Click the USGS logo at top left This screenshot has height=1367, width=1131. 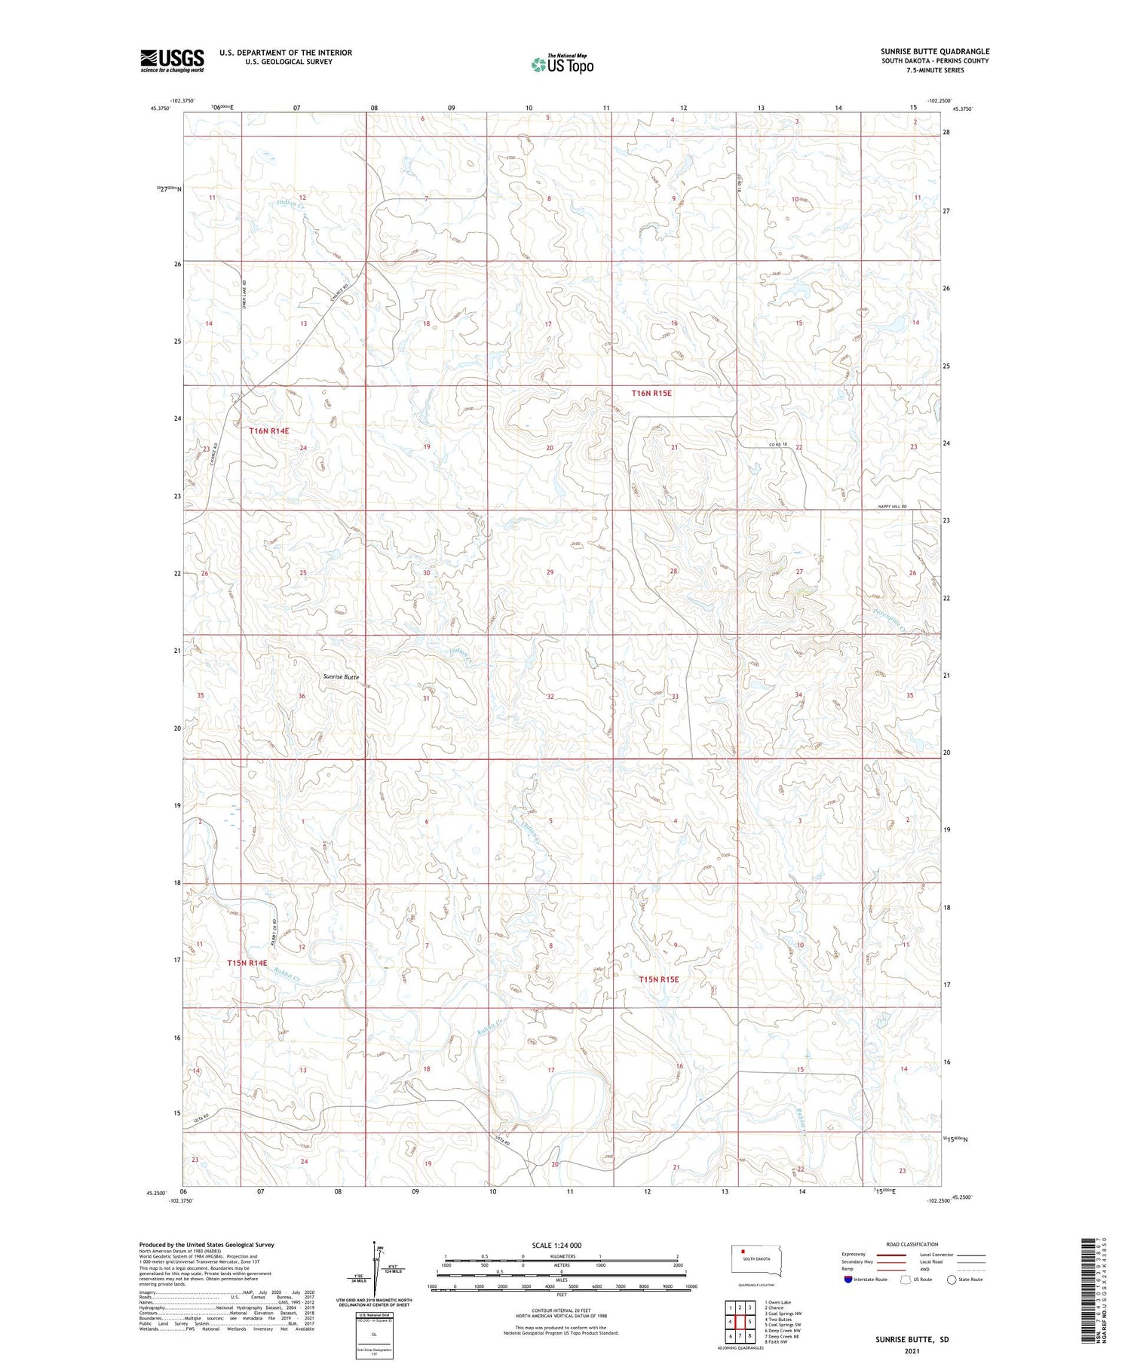pos(172,60)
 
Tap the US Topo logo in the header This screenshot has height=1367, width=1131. pos(562,65)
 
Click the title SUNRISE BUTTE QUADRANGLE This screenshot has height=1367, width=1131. pos(934,52)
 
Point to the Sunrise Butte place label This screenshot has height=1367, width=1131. pos(341,677)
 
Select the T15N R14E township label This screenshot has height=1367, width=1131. pos(247,963)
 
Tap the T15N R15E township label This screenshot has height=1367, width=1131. pos(659,979)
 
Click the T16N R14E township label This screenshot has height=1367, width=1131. pos(269,431)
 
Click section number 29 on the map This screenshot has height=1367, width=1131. pos(550,572)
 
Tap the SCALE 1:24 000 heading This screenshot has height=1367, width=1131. pos(561,1246)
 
